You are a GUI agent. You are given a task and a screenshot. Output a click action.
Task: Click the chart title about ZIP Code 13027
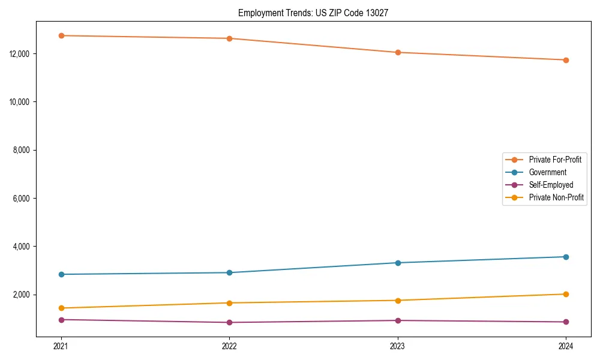click(313, 13)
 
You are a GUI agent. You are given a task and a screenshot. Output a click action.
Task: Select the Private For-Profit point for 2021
click(61, 35)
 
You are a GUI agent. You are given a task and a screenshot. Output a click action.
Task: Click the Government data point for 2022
click(229, 272)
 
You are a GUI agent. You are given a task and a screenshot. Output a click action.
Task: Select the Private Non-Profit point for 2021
click(61, 308)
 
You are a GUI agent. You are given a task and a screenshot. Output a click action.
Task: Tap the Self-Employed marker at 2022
click(229, 322)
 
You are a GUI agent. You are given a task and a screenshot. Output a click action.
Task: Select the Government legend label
click(547, 172)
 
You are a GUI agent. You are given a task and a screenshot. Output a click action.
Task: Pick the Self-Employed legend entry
click(551, 185)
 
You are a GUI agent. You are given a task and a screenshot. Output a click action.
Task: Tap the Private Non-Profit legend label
click(556, 197)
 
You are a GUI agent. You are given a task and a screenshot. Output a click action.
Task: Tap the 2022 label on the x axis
click(229, 346)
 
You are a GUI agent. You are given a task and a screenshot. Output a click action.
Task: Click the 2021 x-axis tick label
click(61, 346)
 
